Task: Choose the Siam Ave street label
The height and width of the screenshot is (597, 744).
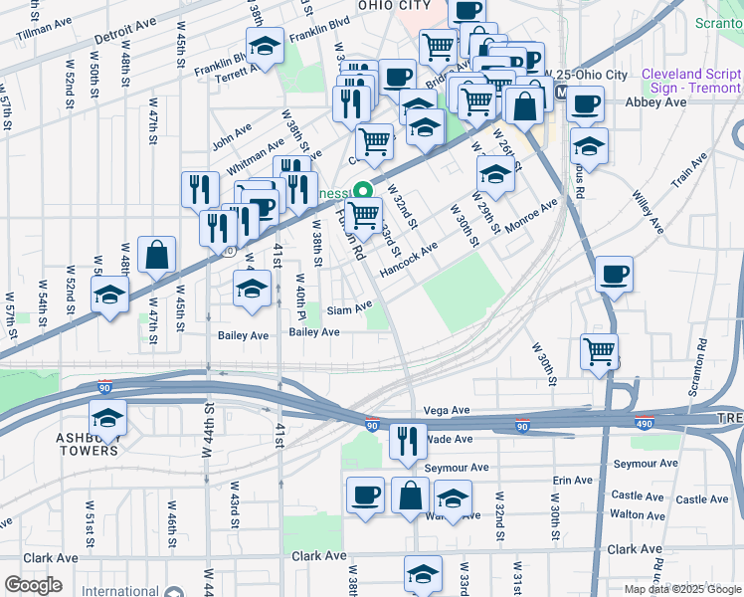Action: click(349, 306)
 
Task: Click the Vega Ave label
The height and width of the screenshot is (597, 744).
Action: click(446, 410)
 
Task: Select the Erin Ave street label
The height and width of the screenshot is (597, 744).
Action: click(573, 481)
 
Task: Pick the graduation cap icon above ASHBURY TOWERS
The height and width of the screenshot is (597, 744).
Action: click(108, 416)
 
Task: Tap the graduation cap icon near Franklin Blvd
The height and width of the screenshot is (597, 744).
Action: click(266, 47)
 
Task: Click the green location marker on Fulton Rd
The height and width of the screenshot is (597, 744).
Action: click(364, 192)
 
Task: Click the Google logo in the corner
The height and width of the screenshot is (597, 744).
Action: click(33, 585)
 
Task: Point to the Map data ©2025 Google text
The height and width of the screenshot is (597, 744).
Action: click(682, 589)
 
